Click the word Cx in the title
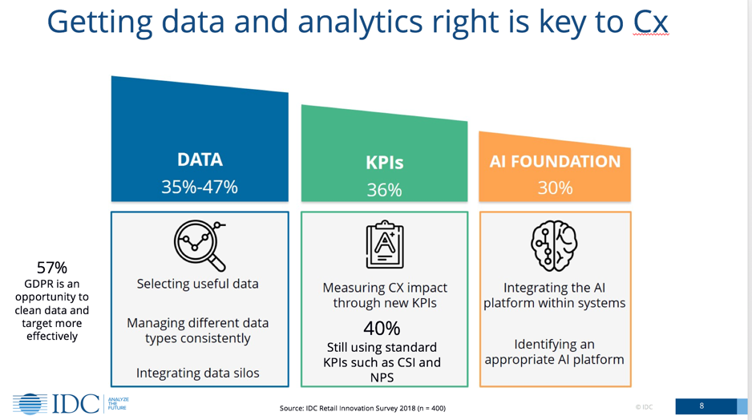(x=650, y=22)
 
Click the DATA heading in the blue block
(x=200, y=160)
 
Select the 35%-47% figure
(x=200, y=187)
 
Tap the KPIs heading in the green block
(x=385, y=163)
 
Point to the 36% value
(x=385, y=190)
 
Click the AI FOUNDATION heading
(x=555, y=162)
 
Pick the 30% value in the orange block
(x=555, y=188)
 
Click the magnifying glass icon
(x=200, y=245)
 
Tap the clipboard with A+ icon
(x=385, y=244)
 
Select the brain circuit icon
(x=555, y=245)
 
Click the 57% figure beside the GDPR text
(x=52, y=268)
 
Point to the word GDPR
(x=37, y=284)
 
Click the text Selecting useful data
(x=197, y=284)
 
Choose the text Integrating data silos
(x=197, y=373)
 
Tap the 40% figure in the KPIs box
(x=382, y=329)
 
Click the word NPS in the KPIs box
(x=382, y=378)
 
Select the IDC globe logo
(x=30, y=404)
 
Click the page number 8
(x=701, y=406)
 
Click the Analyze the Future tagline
(x=118, y=404)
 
